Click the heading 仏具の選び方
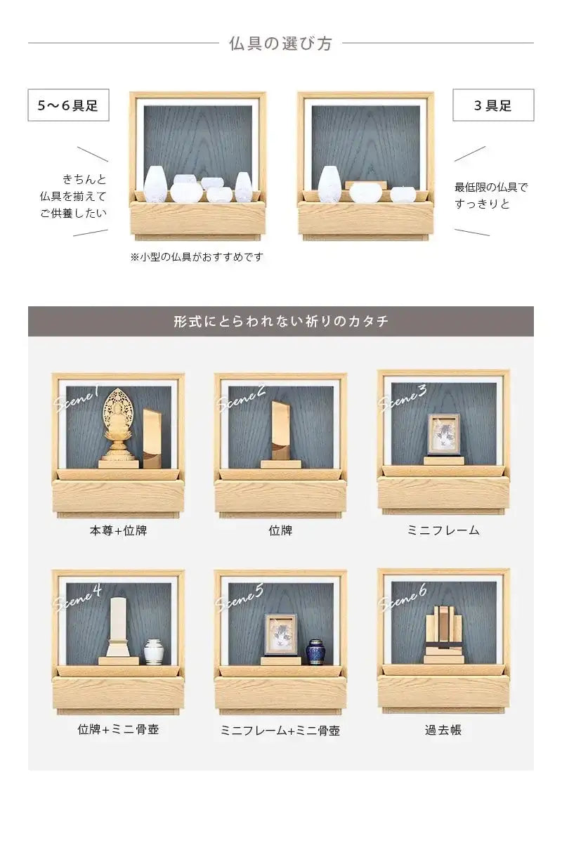(x=280, y=44)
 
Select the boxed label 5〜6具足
(x=68, y=105)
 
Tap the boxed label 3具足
(x=492, y=105)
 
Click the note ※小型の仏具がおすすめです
(x=197, y=257)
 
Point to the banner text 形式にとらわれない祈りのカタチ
(x=280, y=322)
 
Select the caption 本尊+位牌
(x=118, y=531)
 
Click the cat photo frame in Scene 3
(x=443, y=435)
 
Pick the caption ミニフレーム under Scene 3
(x=443, y=531)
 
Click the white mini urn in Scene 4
(x=153, y=651)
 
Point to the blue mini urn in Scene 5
(x=315, y=651)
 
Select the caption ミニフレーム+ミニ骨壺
(x=280, y=731)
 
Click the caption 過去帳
(x=443, y=731)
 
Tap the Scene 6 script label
(x=403, y=597)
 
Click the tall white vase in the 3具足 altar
(x=329, y=184)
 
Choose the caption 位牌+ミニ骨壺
(x=118, y=730)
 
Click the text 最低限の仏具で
(x=490, y=187)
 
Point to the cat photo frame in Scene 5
(x=281, y=635)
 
